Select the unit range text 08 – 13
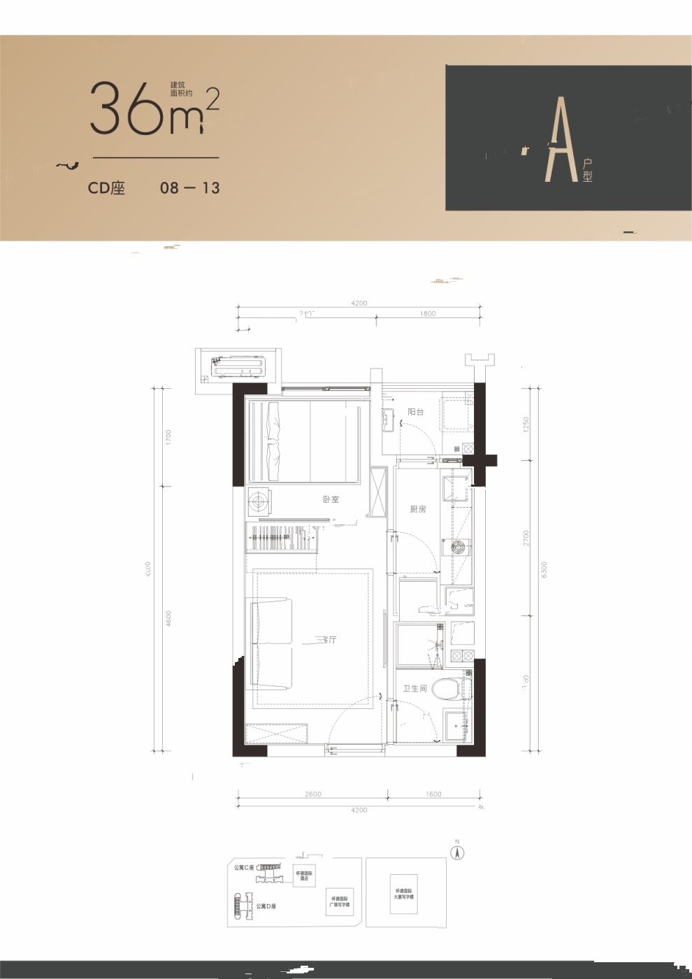[189, 188]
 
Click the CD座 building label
[106, 188]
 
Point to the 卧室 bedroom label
[331, 500]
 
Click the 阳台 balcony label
[416, 412]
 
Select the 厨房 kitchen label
[417, 510]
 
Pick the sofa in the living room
[270, 643]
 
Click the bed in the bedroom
[308, 441]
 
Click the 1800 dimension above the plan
[428, 313]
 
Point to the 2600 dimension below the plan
[312, 794]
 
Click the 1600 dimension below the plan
[433, 794]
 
